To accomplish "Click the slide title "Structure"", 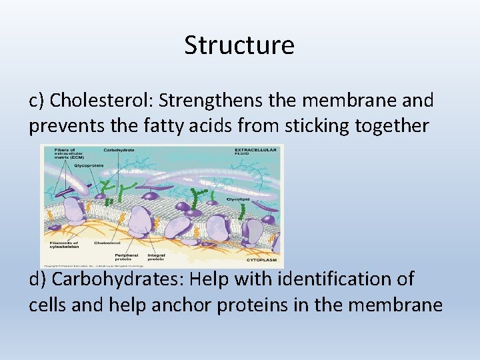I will tap(239, 45).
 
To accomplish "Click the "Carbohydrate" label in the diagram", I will tap(119, 150).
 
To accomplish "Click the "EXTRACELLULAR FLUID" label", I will tap(252, 152).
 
